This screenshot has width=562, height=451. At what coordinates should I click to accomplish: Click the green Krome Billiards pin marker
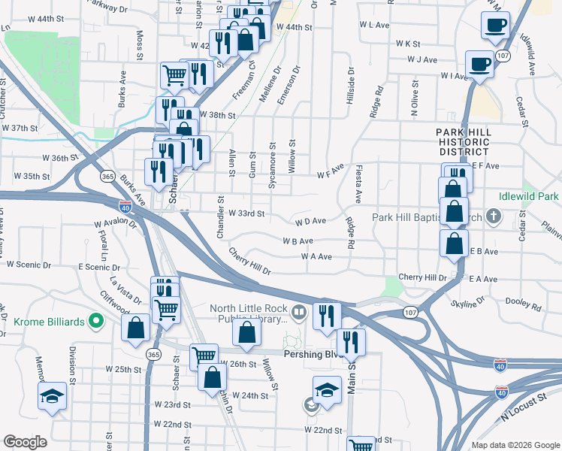[x=95, y=321]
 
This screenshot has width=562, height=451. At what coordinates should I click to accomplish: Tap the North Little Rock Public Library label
[x=247, y=313]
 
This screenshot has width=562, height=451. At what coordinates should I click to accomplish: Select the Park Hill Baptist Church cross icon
[x=493, y=218]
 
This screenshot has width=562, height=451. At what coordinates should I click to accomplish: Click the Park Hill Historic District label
[x=464, y=142]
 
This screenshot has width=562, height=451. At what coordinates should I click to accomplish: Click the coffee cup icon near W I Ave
[x=479, y=64]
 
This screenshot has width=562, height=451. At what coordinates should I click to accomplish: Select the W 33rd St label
[x=246, y=213]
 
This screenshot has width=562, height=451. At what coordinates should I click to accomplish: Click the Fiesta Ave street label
[x=359, y=183]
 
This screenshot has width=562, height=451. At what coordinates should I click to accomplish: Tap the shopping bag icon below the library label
[x=247, y=333]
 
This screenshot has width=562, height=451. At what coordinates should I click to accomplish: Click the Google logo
[x=25, y=442]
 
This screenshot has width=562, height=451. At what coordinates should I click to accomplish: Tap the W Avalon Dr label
[x=115, y=224]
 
